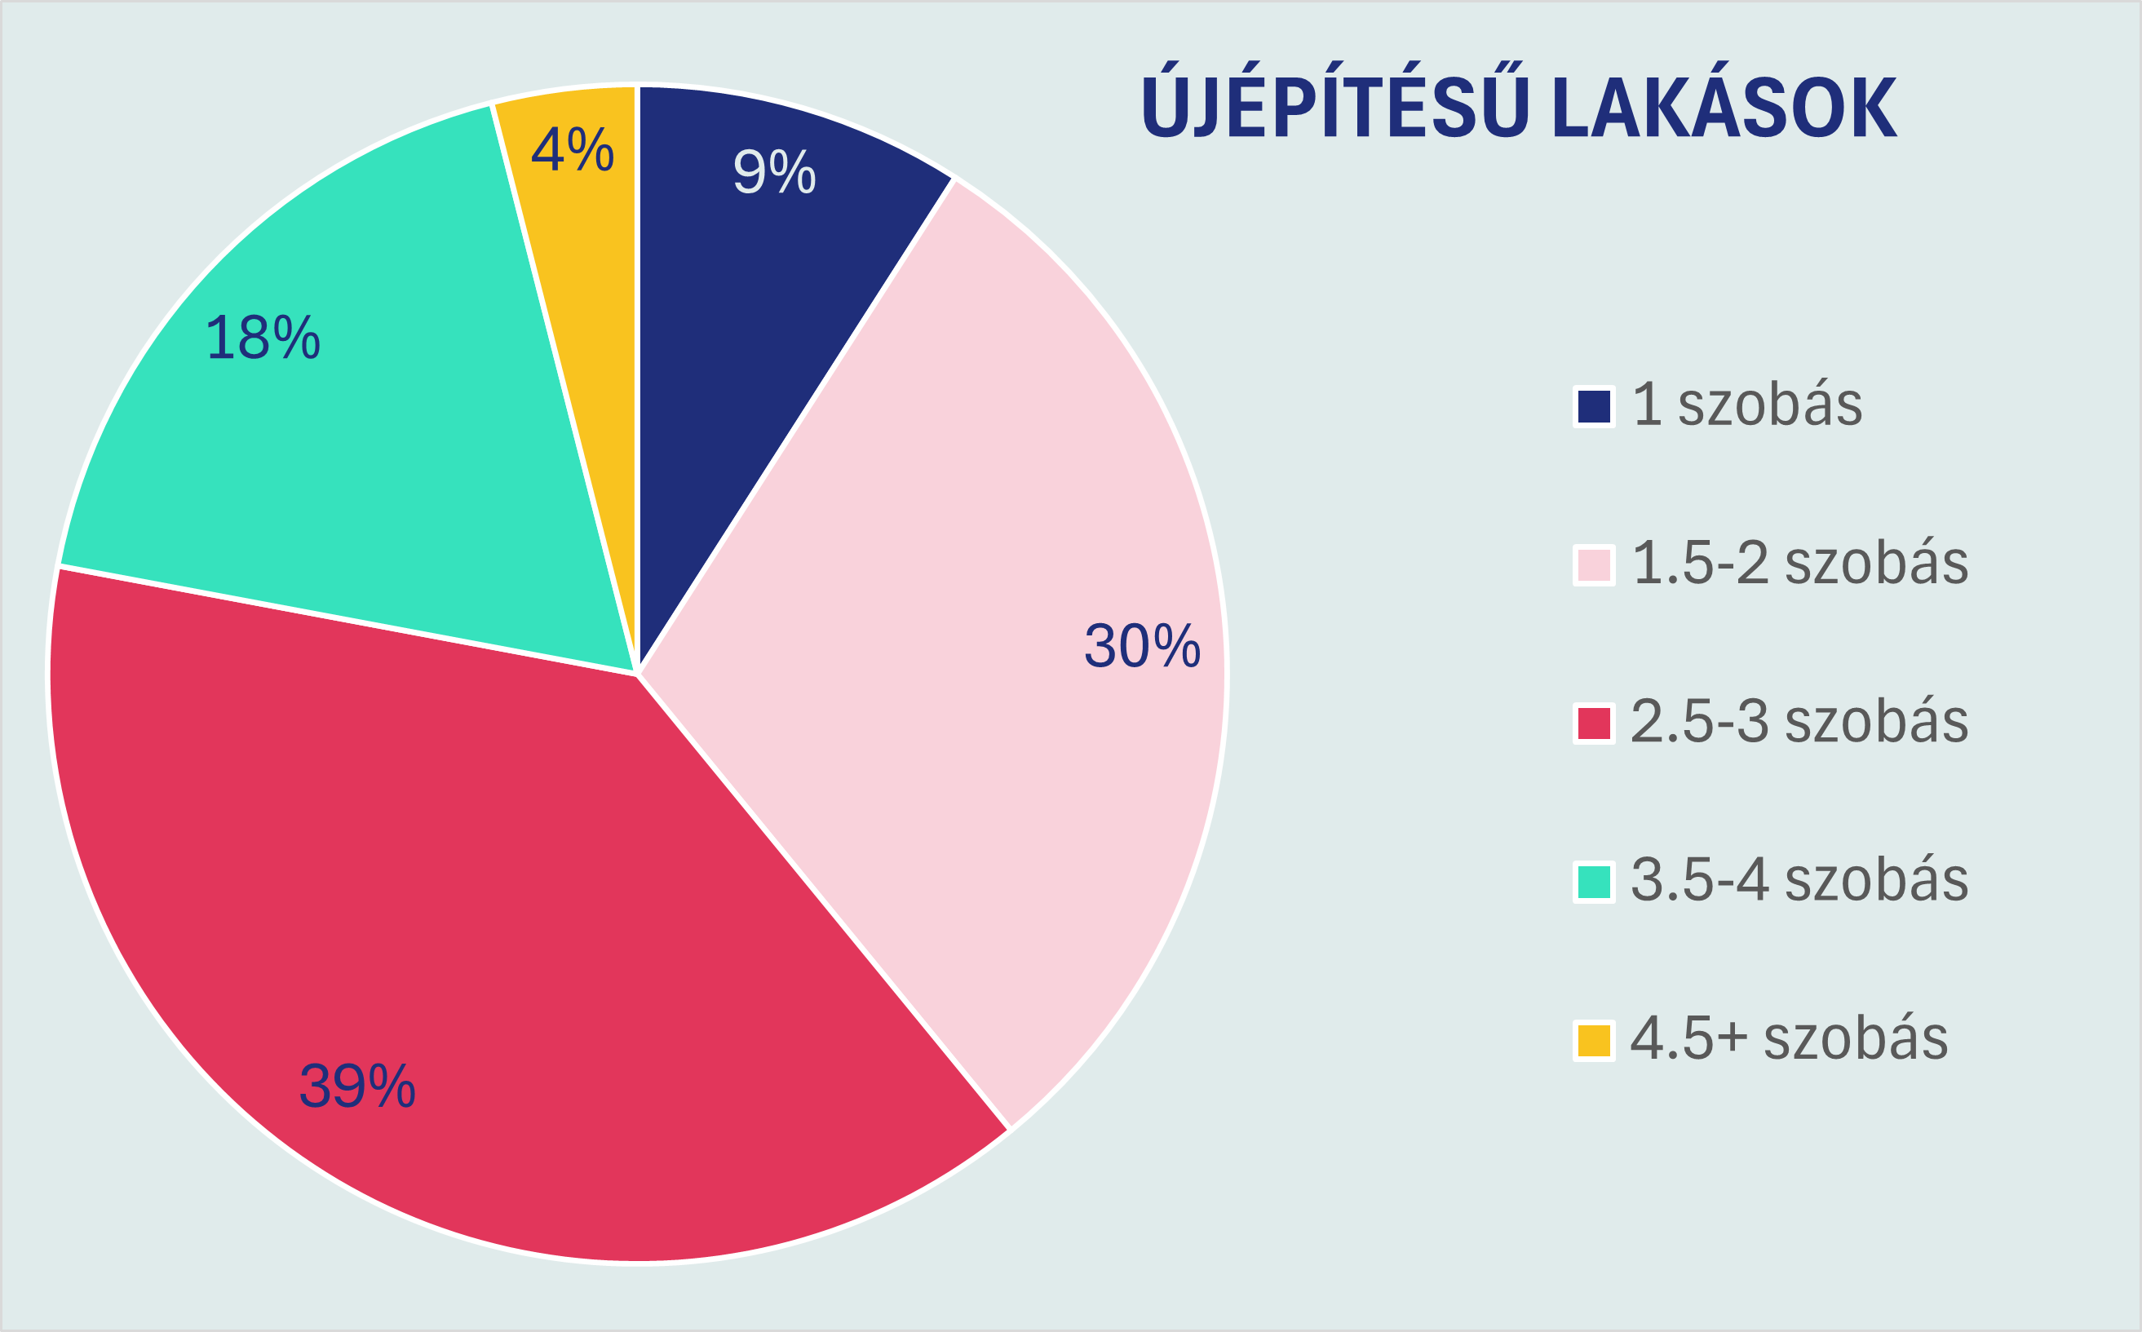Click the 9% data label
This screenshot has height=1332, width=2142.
(x=774, y=172)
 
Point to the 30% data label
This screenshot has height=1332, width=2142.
(x=1141, y=646)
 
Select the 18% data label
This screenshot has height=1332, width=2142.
(x=263, y=338)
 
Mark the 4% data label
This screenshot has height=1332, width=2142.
(x=572, y=150)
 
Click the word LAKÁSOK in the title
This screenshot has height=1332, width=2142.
(x=1724, y=108)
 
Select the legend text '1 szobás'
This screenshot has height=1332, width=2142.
(x=1747, y=405)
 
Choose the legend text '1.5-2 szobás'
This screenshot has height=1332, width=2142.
(x=1800, y=562)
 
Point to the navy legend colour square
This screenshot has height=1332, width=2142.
(x=1594, y=407)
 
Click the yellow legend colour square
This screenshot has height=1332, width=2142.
(x=1594, y=1041)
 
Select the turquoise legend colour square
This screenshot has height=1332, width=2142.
(x=1594, y=882)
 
